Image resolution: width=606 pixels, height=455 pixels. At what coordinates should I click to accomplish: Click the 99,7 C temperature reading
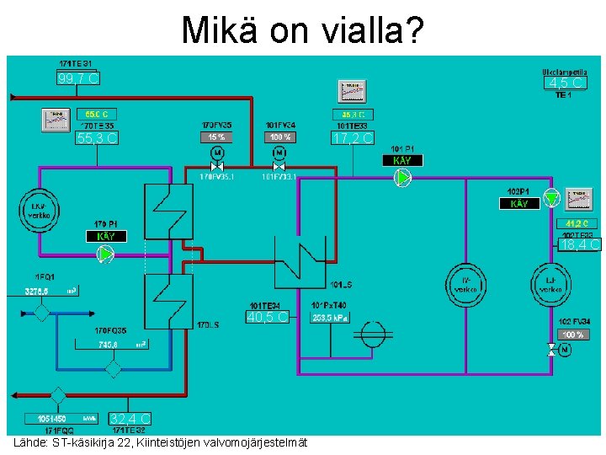pos(78,78)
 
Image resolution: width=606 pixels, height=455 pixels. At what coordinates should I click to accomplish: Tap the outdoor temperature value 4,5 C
pos(564,83)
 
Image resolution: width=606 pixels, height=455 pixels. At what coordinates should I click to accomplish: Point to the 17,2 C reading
pos(353,137)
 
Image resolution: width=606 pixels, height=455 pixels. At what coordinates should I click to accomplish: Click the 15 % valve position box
pos(216,136)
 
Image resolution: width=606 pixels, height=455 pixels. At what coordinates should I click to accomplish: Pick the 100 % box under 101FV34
pos(279,136)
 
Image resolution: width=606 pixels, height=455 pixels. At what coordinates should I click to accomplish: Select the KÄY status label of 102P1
pos(519,204)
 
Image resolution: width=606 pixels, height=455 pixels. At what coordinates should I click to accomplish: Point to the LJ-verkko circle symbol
pos(551,285)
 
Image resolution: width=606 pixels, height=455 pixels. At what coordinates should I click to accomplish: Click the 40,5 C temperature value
pos(268,318)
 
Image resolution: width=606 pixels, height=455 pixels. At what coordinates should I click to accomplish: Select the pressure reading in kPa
pos(328,318)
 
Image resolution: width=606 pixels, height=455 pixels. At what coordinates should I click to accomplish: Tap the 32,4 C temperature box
pos(130,419)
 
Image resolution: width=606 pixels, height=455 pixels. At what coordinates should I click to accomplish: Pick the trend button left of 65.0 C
pos(58,120)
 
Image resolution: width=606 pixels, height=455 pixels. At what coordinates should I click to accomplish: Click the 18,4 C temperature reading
pos(580,245)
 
